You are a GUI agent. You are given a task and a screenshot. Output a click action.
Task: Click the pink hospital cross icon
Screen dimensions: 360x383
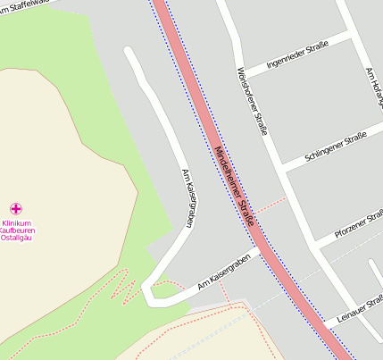[x=15, y=208]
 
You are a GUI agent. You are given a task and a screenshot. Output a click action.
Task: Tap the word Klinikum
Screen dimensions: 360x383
[x=16, y=222]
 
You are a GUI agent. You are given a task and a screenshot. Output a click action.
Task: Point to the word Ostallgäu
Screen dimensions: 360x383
[x=17, y=239]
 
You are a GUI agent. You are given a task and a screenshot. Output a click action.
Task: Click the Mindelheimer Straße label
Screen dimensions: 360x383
[x=237, y=188]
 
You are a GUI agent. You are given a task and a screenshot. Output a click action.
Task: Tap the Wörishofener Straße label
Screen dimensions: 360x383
[x=252, y=100]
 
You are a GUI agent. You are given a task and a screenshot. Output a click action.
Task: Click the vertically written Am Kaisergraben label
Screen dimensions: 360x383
[x=187, y=198]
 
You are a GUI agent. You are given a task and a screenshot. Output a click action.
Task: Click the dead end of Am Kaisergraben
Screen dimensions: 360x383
[x=130, y=52]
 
